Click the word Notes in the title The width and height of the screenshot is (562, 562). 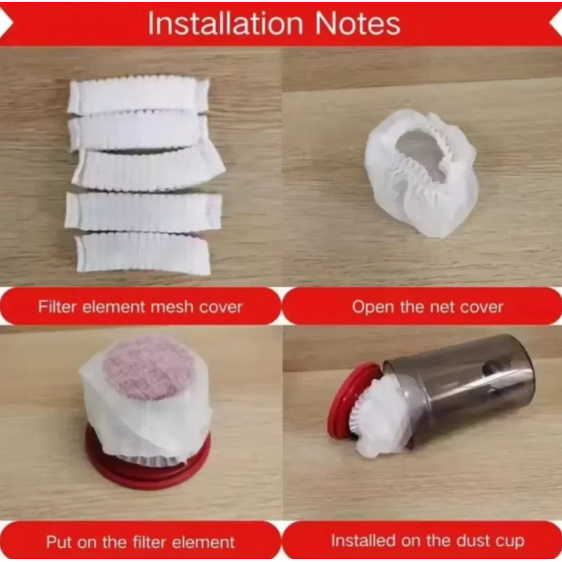pyautogui.click(x=358, y=23)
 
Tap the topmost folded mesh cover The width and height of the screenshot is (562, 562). pyautogui.click(x=138, y=95)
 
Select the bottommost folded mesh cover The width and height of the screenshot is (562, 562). pyautogui.click(x=143, y=254)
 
